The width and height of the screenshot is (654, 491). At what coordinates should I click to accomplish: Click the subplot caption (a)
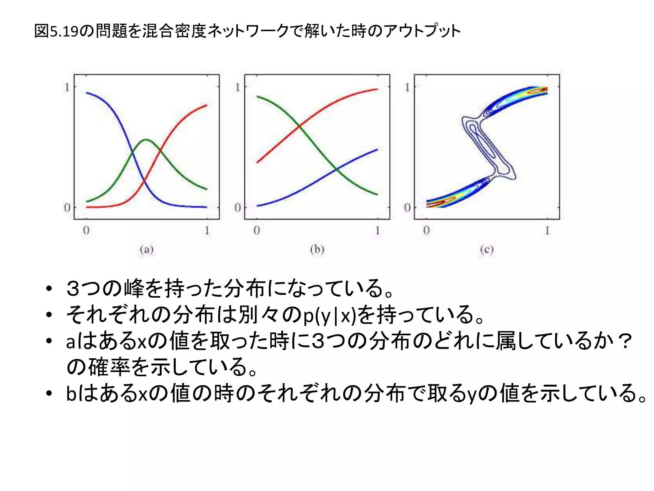[x=147, y=250]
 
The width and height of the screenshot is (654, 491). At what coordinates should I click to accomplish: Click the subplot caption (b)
[x=317, y=249]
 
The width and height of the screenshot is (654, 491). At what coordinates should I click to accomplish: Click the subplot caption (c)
[x=487, y=250]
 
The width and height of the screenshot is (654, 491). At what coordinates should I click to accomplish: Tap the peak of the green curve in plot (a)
[x=146, y=140]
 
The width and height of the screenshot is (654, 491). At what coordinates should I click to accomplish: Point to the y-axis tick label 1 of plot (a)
[x=67, y=87]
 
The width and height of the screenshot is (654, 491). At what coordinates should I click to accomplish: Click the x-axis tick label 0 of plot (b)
[x=257, y=230]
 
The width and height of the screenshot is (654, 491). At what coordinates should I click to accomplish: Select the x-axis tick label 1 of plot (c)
[x=547, y=230]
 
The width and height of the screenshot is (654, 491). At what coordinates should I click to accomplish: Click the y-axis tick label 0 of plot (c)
[x=407, y=208]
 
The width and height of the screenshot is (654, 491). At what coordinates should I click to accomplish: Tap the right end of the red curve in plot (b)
[x=377, y=89]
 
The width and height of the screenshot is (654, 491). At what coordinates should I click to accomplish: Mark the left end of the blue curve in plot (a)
[x=87, y=93]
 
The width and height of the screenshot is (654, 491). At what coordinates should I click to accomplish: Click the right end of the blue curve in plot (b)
[x=377, y=149]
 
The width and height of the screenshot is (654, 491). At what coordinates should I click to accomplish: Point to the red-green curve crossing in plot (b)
[x=299, y=127]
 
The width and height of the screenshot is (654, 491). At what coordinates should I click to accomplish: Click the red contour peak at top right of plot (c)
[x=540, y=91]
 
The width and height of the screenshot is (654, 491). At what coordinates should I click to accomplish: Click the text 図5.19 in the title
[x=56, y=31]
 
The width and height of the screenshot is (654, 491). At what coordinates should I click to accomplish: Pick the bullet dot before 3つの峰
[x=49, y=289]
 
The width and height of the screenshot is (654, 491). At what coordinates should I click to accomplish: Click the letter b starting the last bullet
[x=71, y=394]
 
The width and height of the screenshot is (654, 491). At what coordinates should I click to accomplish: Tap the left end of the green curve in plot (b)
[x=257, y=96]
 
